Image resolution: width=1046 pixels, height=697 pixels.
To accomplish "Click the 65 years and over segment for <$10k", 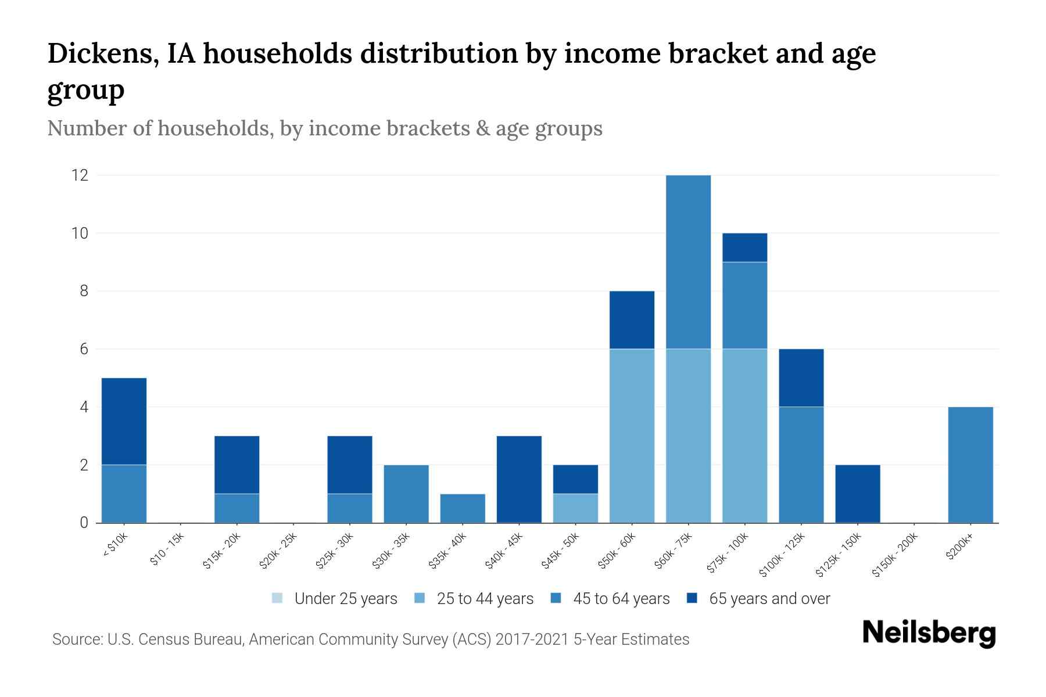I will pos(124,421).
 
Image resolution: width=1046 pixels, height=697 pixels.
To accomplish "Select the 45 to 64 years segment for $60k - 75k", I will pos(688,262).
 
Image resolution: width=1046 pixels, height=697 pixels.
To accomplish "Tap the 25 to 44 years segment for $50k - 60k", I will pos(632,436).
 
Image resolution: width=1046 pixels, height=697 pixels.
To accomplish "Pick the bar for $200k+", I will pos(970,465).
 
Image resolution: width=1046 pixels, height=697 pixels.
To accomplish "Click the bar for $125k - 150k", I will pos(857,494).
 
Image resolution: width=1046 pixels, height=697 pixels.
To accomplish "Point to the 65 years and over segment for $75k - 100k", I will pos(744,247).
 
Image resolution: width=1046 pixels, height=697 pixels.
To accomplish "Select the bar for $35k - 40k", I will pos(463,508).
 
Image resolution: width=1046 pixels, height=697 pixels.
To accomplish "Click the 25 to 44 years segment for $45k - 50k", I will pos(575,508).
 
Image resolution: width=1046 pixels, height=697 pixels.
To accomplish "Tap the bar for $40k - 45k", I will pos(519,479).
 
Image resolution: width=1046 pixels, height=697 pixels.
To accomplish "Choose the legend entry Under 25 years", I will pos(335,599).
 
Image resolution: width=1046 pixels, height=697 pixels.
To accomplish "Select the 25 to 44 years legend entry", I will pos(474,599).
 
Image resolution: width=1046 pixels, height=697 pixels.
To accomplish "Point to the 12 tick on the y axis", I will pos(80,175).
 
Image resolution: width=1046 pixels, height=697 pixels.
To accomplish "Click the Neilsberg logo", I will pos(929,633).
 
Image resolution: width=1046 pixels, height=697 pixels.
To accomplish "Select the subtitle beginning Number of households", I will pos(325,128).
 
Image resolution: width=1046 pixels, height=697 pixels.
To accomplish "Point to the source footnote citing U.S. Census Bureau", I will pos(371,639).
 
